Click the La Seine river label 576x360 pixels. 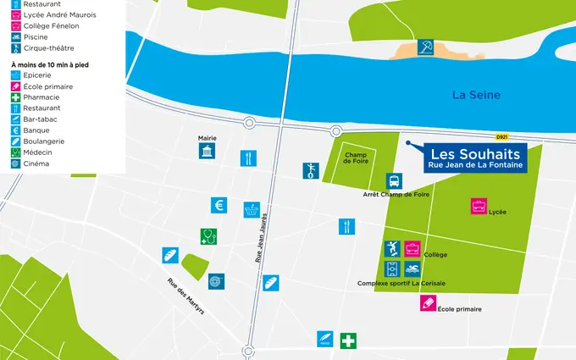click(476, 95)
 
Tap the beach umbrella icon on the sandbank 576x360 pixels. click(428, 48)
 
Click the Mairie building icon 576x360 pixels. click(207, 152)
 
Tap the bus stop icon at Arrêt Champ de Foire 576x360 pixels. click(394, 181)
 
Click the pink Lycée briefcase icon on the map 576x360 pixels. click(479, 206)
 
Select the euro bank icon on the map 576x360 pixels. click(219, 205)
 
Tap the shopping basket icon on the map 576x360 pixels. click(252, 208)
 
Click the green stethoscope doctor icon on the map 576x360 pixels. click(208, 236)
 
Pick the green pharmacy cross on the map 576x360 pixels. click(348, 341)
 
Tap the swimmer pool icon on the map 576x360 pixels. click(412, 269)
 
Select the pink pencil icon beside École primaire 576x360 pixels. click(429, 302)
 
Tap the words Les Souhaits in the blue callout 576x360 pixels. click(475, 154)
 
